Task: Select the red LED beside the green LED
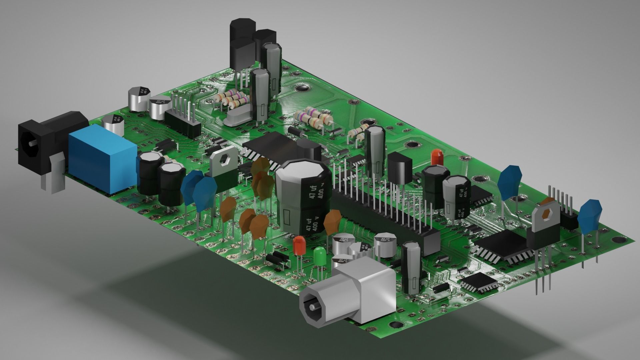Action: point(299,246)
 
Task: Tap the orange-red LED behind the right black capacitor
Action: point(436,157)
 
